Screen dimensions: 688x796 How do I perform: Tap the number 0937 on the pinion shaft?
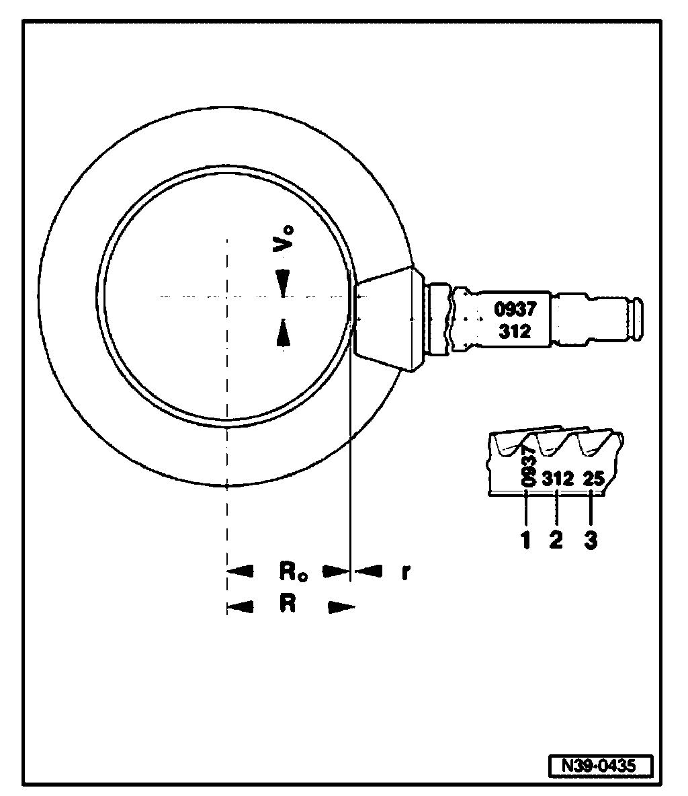515,310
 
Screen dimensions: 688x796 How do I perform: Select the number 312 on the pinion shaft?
515,331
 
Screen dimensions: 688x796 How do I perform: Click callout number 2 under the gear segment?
556,540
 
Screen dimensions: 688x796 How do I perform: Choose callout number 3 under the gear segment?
590,540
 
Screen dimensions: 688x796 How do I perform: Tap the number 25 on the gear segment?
594,479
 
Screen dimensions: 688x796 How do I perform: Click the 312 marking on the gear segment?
558,479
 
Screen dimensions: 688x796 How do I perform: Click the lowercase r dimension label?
405,572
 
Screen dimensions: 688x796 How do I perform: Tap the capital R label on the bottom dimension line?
288,604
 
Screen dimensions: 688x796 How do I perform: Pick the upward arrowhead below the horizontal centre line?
284,332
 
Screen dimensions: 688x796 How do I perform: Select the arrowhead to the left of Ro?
241,572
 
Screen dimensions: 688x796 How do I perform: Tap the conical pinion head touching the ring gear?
386,317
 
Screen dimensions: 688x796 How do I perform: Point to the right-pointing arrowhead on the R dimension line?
341,608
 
